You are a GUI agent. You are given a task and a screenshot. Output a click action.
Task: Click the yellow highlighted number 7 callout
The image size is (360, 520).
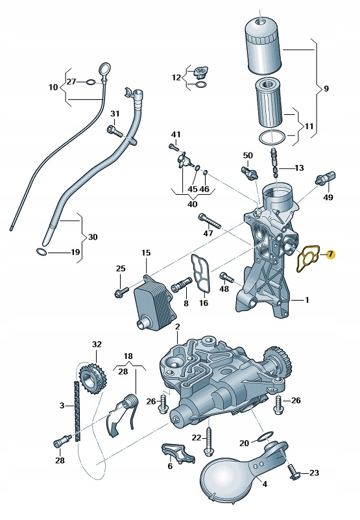(x=330, y=254)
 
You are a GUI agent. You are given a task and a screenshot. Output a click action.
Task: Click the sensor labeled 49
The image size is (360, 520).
(x=326, y=178)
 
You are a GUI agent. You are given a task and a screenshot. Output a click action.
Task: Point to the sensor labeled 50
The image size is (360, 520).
(x=249, y=172)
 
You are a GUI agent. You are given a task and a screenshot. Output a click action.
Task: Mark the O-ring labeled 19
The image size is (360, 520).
(x=42, y=251)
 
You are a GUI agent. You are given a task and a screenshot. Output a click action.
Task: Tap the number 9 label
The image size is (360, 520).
(x=326, y=88)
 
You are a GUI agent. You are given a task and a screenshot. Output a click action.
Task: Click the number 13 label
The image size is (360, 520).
(x=298, y=167)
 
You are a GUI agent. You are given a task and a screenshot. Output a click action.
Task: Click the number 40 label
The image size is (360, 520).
(x=192, y=204)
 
